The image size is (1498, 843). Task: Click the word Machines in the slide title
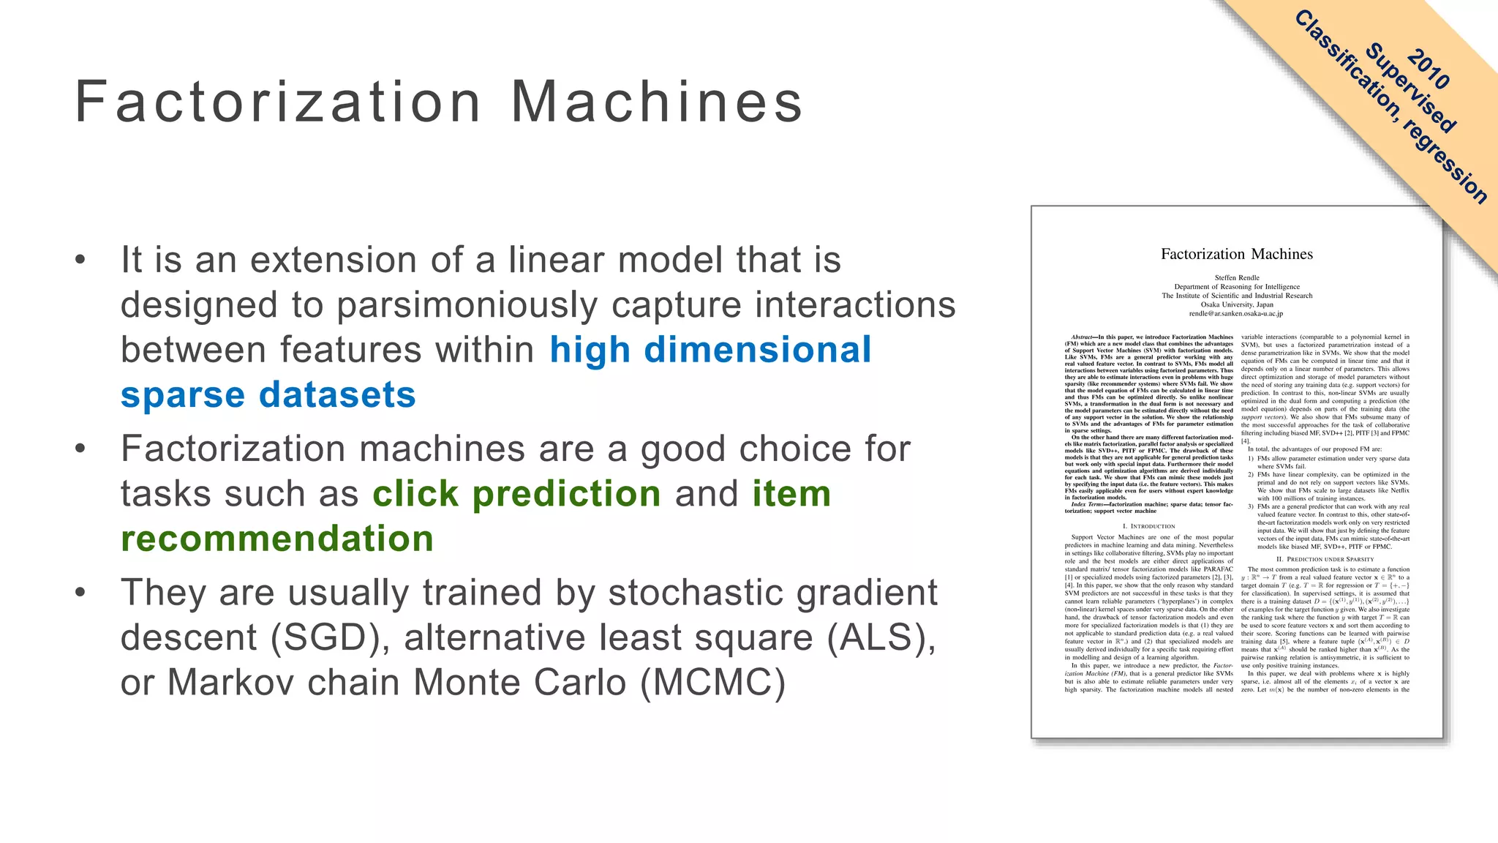[656, 102]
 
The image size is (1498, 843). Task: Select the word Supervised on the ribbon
[1410, 89]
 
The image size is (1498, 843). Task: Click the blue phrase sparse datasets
[268, 395]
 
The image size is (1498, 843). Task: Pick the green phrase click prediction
[516, 494]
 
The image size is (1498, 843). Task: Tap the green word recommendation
[277, 539]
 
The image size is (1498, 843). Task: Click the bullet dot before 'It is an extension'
[80, 261]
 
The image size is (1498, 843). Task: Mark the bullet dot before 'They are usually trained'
[80, 593]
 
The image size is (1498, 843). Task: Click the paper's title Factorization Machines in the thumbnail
[1236, 254]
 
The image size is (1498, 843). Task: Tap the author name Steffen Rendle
[1237, 277]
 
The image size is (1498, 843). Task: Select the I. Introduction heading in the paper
[1148, 526]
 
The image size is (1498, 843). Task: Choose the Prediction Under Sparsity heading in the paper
[1325, 559]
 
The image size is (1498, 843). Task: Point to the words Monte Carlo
[519, 683]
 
